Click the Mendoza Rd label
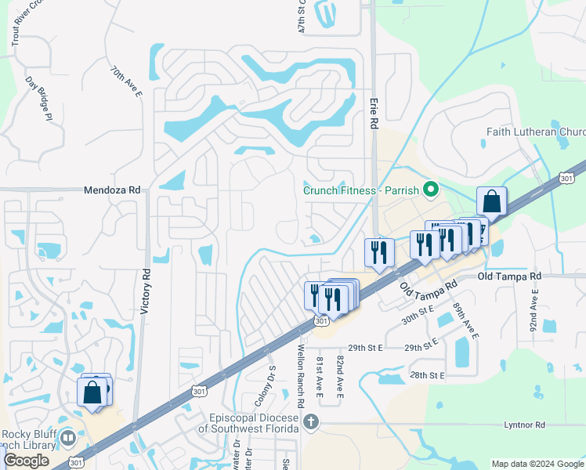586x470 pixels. coord(112,190)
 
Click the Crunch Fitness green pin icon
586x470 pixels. coord(429,190)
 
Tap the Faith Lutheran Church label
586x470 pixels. coord(536,132)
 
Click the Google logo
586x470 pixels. coord(26,461)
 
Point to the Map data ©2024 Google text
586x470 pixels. coord(537,464)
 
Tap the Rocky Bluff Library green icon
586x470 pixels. coord(68,438)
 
